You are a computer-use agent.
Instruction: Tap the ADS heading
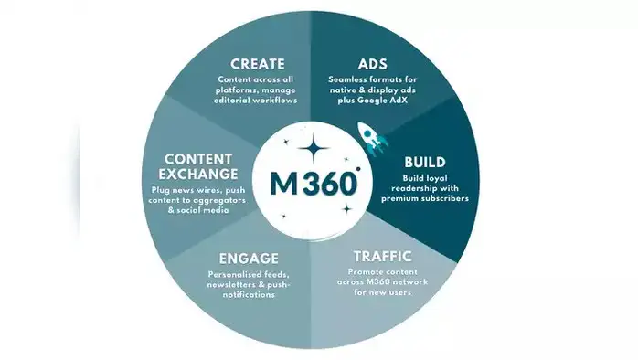[371, 64]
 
